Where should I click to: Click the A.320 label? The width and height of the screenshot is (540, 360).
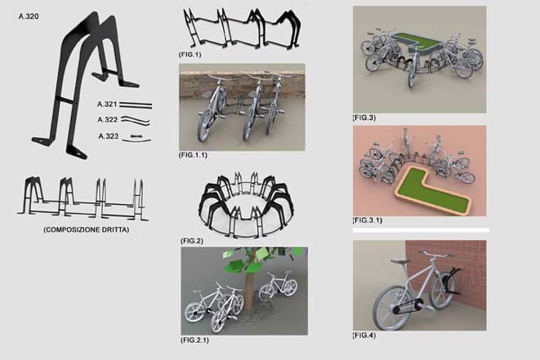pyautogui.click(x=29, y=16)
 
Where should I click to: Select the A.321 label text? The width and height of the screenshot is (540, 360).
pyautogui.click(x=107, y=104)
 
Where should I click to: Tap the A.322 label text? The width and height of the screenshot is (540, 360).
pyautogui.click(x=108, y=119)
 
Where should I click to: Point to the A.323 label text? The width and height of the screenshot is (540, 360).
pyautogui.click(x=108, y=136)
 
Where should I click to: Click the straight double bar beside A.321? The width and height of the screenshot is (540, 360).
pyautogui.click(x=136, y=104)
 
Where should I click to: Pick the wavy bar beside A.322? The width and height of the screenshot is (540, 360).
pyautogui.click(x=135, y=120)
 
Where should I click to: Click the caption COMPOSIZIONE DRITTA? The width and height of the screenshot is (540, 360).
pyautogui.click(x=86, y=229)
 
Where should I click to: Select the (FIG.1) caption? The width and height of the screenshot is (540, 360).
pyautogui.click(x=190, y=55)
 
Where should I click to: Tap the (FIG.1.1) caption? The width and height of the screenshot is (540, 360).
pyautogui.click(x=193, y=155)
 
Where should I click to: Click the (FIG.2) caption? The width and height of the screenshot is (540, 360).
pyautogui.click(x=192, y=241)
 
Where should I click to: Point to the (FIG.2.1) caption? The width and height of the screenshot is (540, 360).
pyautogui.click(x=194, y=340)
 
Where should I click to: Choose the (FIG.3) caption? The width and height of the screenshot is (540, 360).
pyautogui.click(x=364, y=118)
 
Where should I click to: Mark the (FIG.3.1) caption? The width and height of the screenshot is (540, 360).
pyautogui.click(x=367, y=220)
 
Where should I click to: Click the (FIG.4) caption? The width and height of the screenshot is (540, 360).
pyautogui.click(x=364, y=335)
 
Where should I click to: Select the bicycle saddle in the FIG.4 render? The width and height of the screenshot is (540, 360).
pyautogui.click(x=400, y=261)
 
